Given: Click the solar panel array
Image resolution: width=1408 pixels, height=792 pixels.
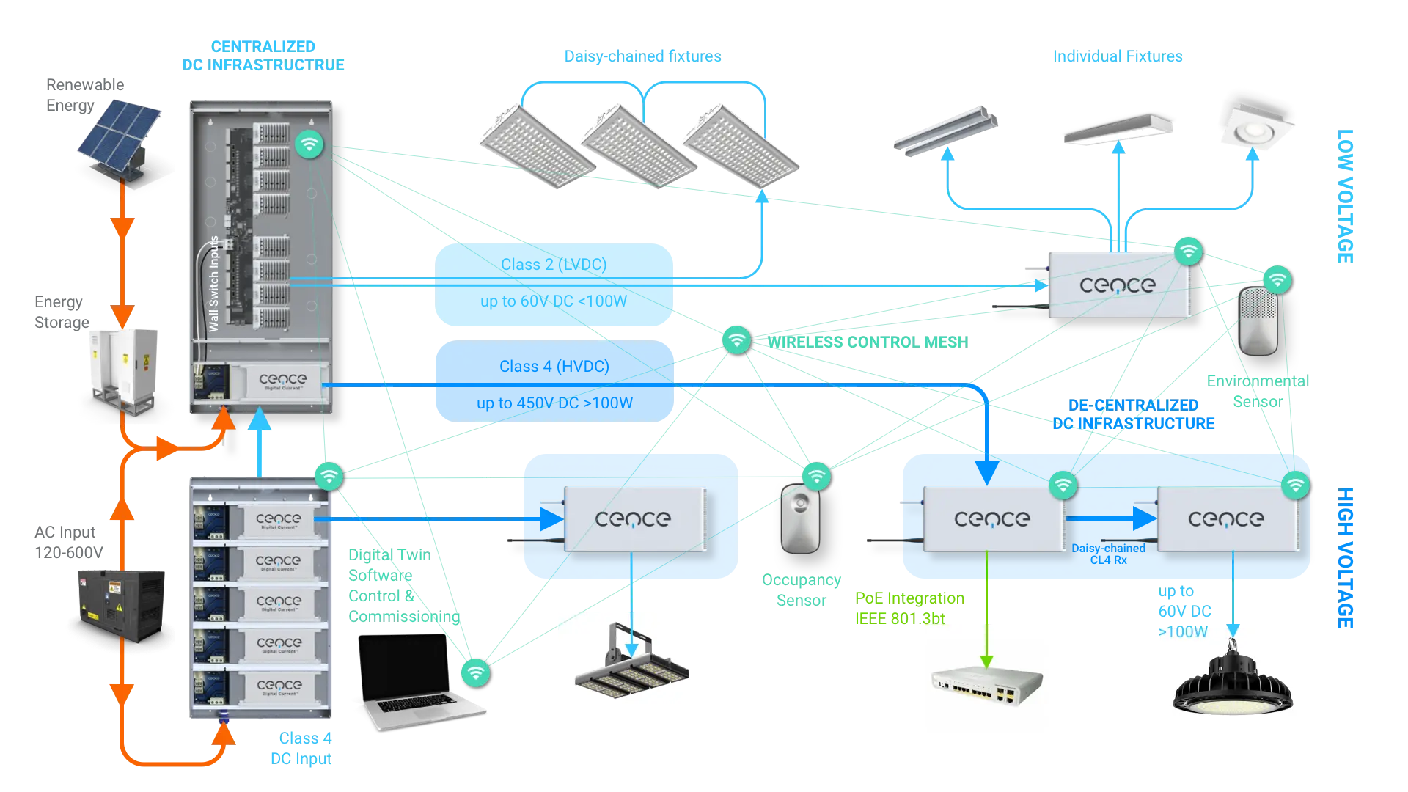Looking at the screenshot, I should (121, 136).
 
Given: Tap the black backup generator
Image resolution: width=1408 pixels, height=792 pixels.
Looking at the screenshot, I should (123, 605).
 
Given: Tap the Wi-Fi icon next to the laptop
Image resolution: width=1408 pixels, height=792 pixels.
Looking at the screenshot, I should (475, 672).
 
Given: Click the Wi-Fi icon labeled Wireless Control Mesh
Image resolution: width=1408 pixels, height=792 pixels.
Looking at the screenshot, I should (736, 340).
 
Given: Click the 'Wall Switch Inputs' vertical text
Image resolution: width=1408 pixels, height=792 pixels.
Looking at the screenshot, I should (213, 283).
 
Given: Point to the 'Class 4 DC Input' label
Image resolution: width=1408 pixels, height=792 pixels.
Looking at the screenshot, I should (302, 749).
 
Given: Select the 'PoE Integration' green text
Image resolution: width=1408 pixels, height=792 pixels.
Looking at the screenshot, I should (909, 598).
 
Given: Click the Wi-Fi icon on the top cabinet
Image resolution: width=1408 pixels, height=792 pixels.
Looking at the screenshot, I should (309, 144).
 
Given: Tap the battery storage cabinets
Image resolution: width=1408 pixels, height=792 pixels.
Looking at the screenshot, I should (123, 367).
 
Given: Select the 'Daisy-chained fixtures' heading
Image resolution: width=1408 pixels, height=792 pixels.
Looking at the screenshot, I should (642, 56).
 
